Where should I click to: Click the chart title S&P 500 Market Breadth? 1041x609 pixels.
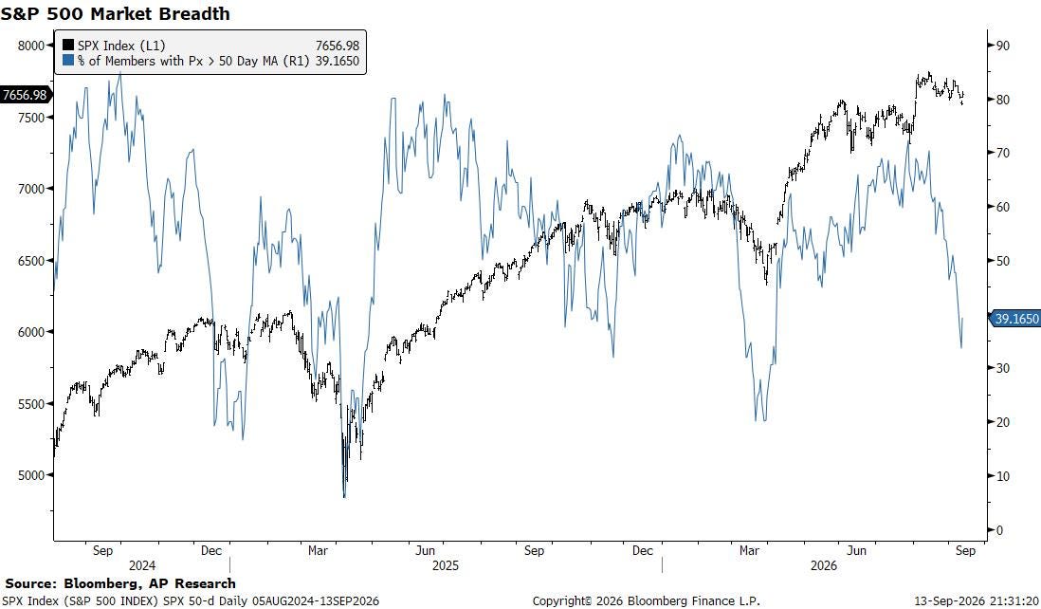[x=115, y=13]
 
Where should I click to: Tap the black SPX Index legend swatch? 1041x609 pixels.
[x=67, y=46]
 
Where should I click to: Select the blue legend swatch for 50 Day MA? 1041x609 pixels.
[x=67, y=61]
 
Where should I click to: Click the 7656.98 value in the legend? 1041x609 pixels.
[x=338, y=46]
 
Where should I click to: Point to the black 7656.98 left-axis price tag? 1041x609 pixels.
[x=25, y=95]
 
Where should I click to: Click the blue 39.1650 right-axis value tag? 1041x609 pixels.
[x=1015, y=319]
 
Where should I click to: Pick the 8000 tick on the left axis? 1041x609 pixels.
[x=30, y=46]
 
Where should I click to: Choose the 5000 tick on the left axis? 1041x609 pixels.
[x=30, y=475]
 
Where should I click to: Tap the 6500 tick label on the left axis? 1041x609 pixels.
[x=30, y=260]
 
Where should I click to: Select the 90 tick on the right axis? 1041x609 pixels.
[x=1002, y=46]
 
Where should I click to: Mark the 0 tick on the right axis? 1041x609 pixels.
[x=999, y=530]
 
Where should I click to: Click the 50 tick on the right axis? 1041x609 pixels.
[x=1002, y=260]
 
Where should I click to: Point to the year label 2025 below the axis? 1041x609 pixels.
[x=446, y=565]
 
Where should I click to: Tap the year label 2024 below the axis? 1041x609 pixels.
[x=142, y=565]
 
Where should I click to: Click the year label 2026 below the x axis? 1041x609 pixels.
[x=824, y=565]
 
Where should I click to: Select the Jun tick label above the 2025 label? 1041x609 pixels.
[x=426, y=550]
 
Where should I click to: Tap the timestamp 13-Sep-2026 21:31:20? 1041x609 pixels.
[x=977, y=601]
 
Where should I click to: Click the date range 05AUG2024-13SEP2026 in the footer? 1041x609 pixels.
[x=316, y=601]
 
